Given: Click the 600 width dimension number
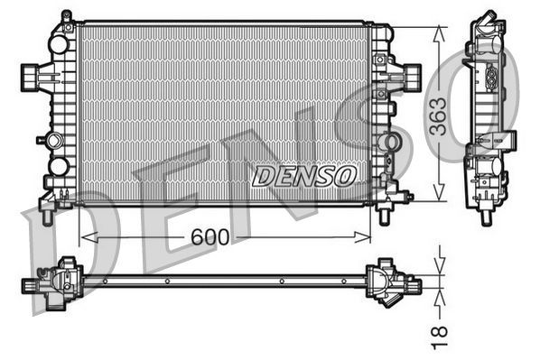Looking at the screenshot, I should [209, 236].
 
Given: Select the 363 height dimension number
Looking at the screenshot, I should [438, 115].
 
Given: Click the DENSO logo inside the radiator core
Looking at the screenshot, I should [304, 175].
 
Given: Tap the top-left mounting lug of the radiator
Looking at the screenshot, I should [66, 18].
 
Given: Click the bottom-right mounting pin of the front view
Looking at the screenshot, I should [386, 217].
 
